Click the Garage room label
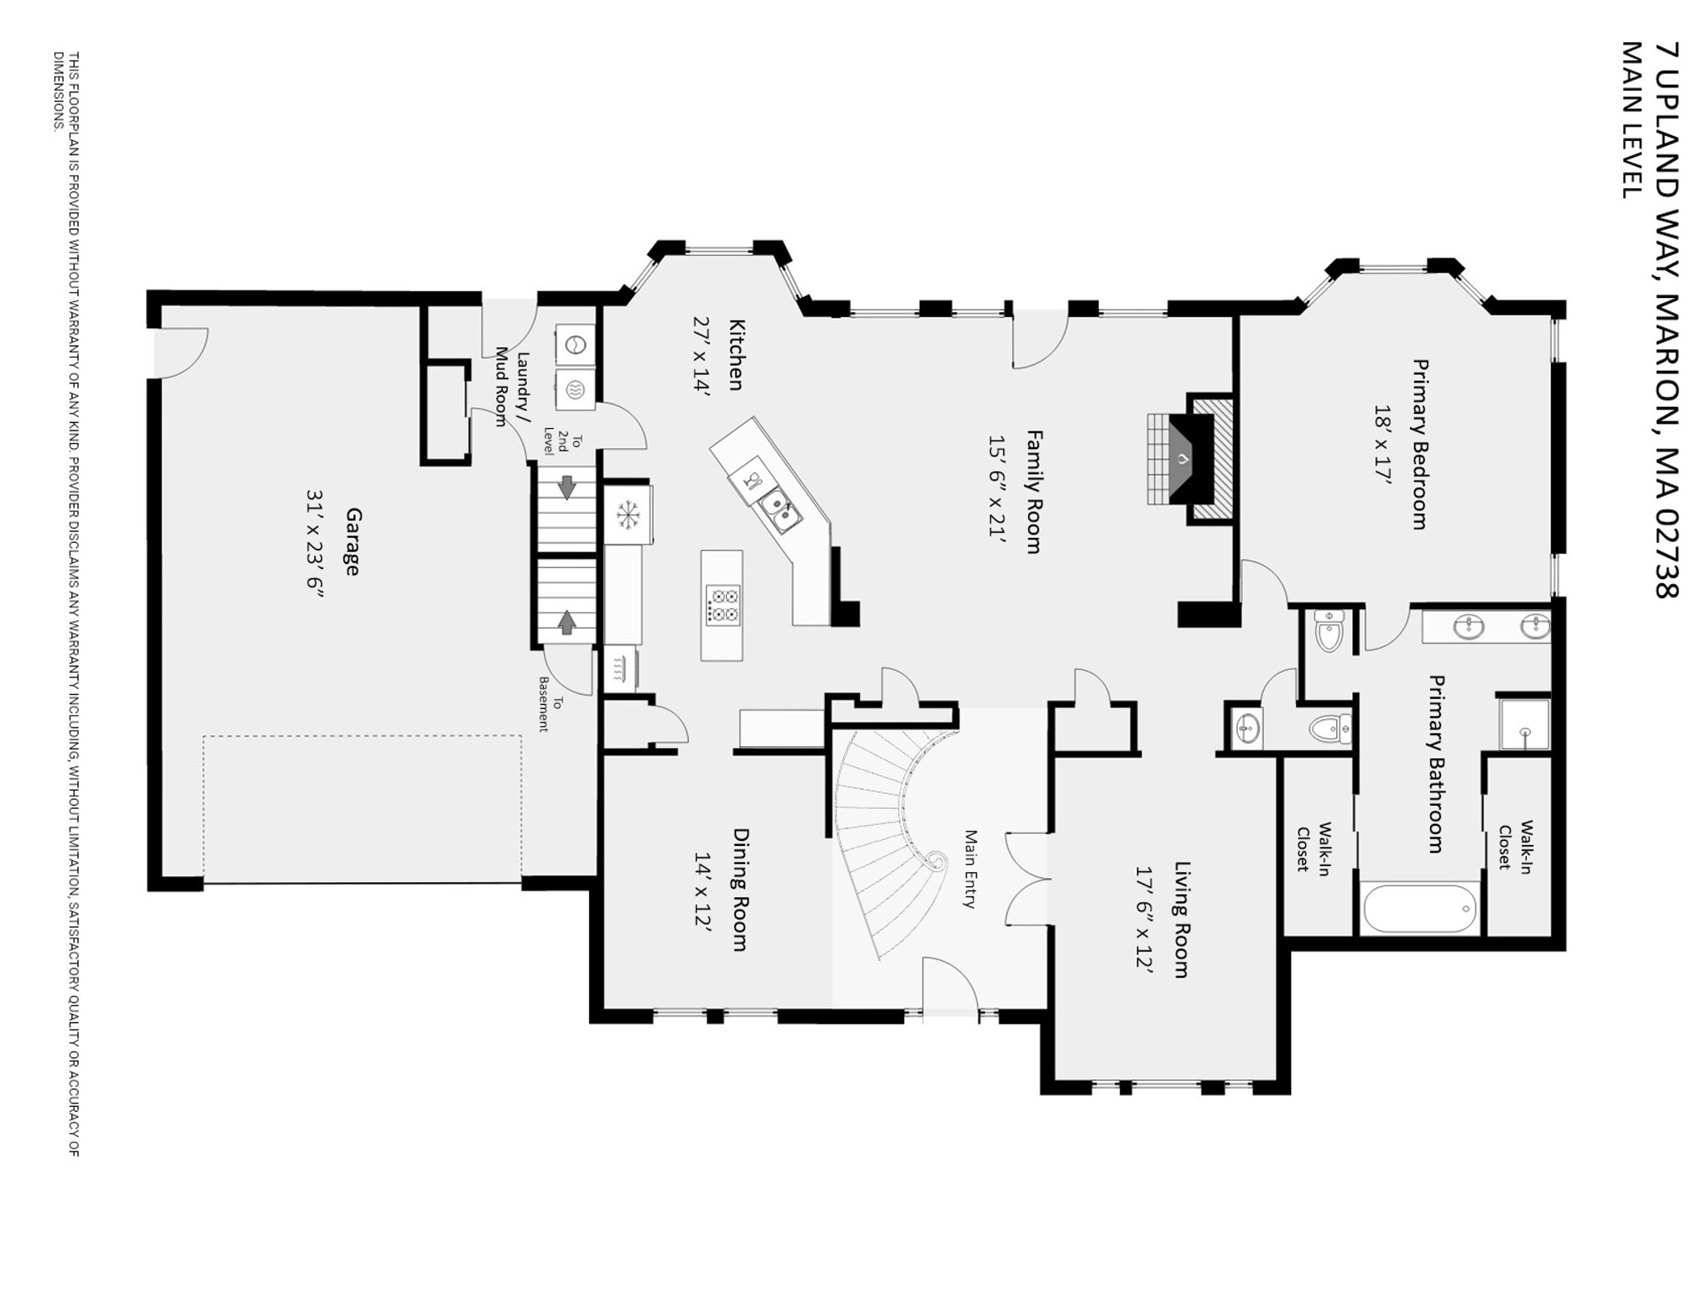click(353, 541)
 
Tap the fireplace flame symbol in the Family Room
click(1183, 459)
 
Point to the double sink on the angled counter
click(779, 510)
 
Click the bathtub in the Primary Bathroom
click(1420, 908)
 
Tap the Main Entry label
click(970, 869)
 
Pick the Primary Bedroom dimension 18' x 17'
click(1382, 444)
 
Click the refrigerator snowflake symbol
click(627, 514)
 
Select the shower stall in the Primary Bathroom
click(1524, 723)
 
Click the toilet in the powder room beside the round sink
click(1331, 728)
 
